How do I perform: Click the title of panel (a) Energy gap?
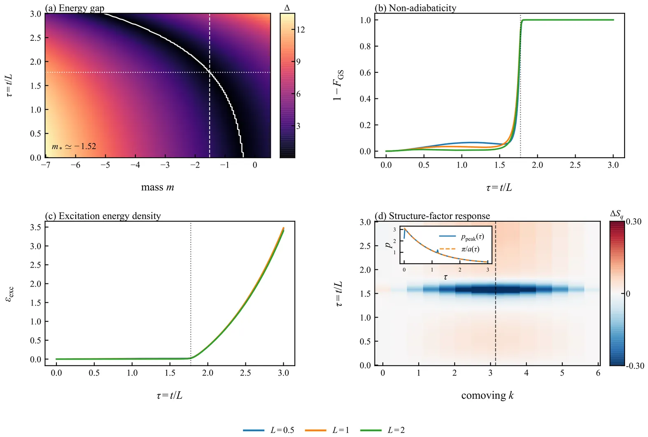[75, 8]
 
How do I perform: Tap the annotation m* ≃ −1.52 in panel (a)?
[74, 146]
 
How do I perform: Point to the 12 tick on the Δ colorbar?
[301, 30]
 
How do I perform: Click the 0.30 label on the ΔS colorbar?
[634, 222]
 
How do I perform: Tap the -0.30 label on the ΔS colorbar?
[635, 365]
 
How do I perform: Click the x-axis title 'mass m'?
[157, 187]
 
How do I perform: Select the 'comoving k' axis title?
[487, 395]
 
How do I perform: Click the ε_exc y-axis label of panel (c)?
[9, 293]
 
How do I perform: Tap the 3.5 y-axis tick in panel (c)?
[36, 227]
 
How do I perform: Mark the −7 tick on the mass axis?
[45, 165]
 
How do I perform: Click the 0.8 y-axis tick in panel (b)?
[365, 47]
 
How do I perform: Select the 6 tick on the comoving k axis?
[598, 373]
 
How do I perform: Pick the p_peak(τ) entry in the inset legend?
[472, 237]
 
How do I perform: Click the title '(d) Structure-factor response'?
[432, 216]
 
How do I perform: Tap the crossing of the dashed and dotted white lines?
[210, 72]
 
